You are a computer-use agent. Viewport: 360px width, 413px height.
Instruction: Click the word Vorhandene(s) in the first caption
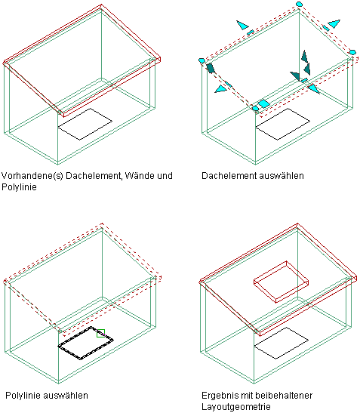[32, 176]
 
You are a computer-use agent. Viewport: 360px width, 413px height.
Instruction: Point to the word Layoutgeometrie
[236, 406]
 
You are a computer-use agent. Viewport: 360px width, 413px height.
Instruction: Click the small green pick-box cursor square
[101, 333]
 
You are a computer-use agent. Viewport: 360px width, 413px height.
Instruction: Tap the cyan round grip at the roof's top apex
[299, 4]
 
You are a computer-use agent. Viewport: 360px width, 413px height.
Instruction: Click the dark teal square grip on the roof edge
[211, 68]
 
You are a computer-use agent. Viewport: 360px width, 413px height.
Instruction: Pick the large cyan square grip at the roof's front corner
[263, 103]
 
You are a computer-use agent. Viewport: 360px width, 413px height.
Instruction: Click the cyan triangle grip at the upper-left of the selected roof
[242, 25]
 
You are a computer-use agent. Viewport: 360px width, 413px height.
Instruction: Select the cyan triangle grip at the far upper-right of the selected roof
[334, 23]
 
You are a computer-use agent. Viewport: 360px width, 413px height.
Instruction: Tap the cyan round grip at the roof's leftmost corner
[202, 60]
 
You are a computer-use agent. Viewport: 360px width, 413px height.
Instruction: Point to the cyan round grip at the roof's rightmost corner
[352, 52]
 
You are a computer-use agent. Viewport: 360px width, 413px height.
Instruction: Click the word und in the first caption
[165, 176]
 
